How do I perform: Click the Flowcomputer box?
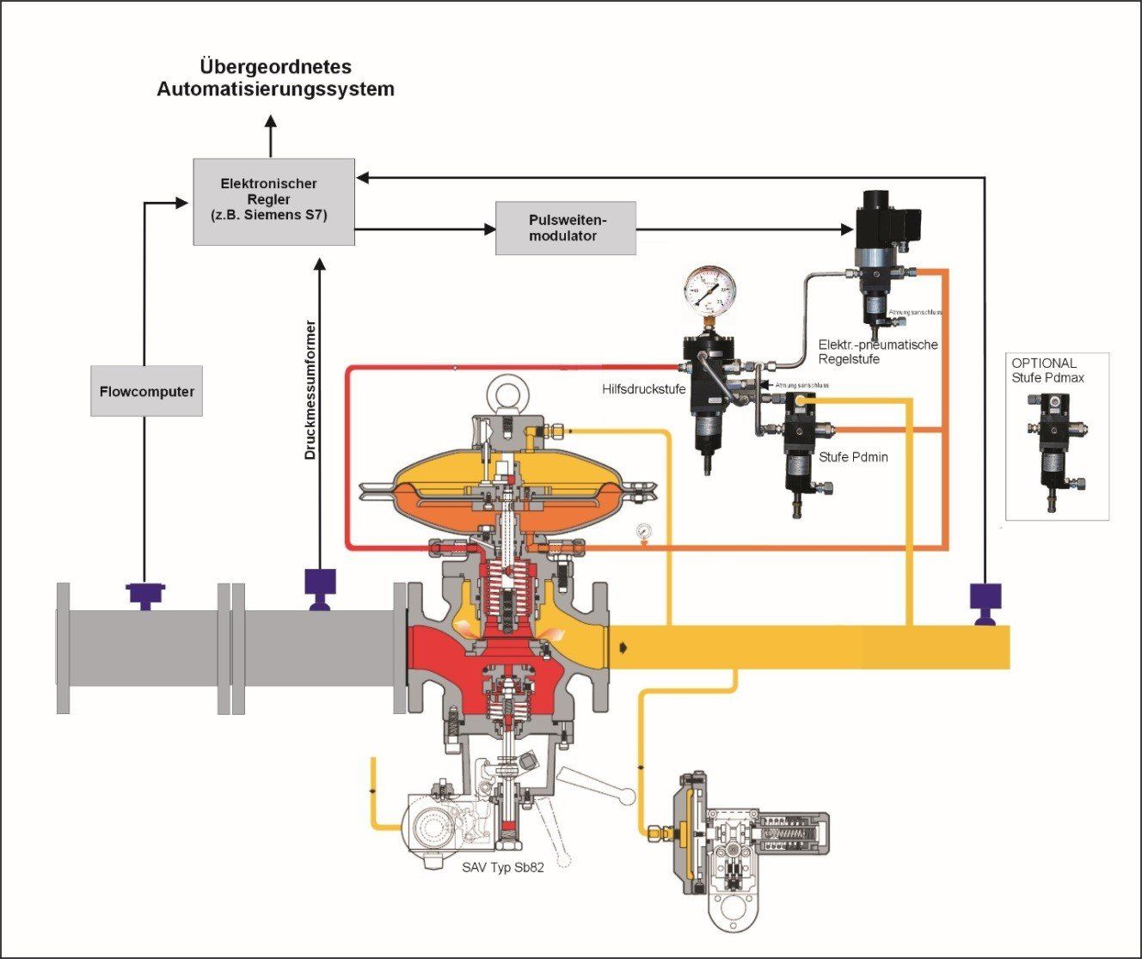tap(146, 391)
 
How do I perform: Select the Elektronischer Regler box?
tap(273, 201)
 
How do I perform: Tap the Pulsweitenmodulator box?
tap(565, 228)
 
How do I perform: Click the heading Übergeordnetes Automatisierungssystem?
tap(275, 77)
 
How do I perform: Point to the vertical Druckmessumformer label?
tap(311, 390)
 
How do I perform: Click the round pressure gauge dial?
tap(711, 291)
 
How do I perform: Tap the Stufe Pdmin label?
tap(853, 457)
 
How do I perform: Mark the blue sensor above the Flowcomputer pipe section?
tap(144, 594)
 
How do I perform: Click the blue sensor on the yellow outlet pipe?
tap(985, 602)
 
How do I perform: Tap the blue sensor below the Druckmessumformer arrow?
tap(319, 588)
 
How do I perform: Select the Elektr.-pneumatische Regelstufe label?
tap(877, 351)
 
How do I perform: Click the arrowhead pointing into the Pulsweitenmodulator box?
tap(491, 229)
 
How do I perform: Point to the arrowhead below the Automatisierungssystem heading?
tap(272, 125)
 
